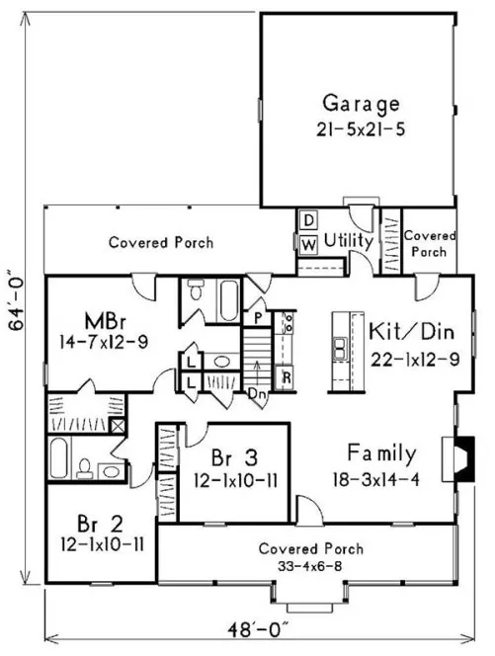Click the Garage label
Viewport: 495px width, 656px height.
tap(361, 103)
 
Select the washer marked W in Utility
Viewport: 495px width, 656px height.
tap(307, 242)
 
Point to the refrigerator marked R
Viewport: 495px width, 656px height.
tap(285, 376)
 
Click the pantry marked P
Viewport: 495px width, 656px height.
tap(257, 318)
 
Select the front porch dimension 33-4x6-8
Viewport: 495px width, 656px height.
tap(310, 566)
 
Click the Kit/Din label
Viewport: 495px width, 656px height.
tap(413, 328)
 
